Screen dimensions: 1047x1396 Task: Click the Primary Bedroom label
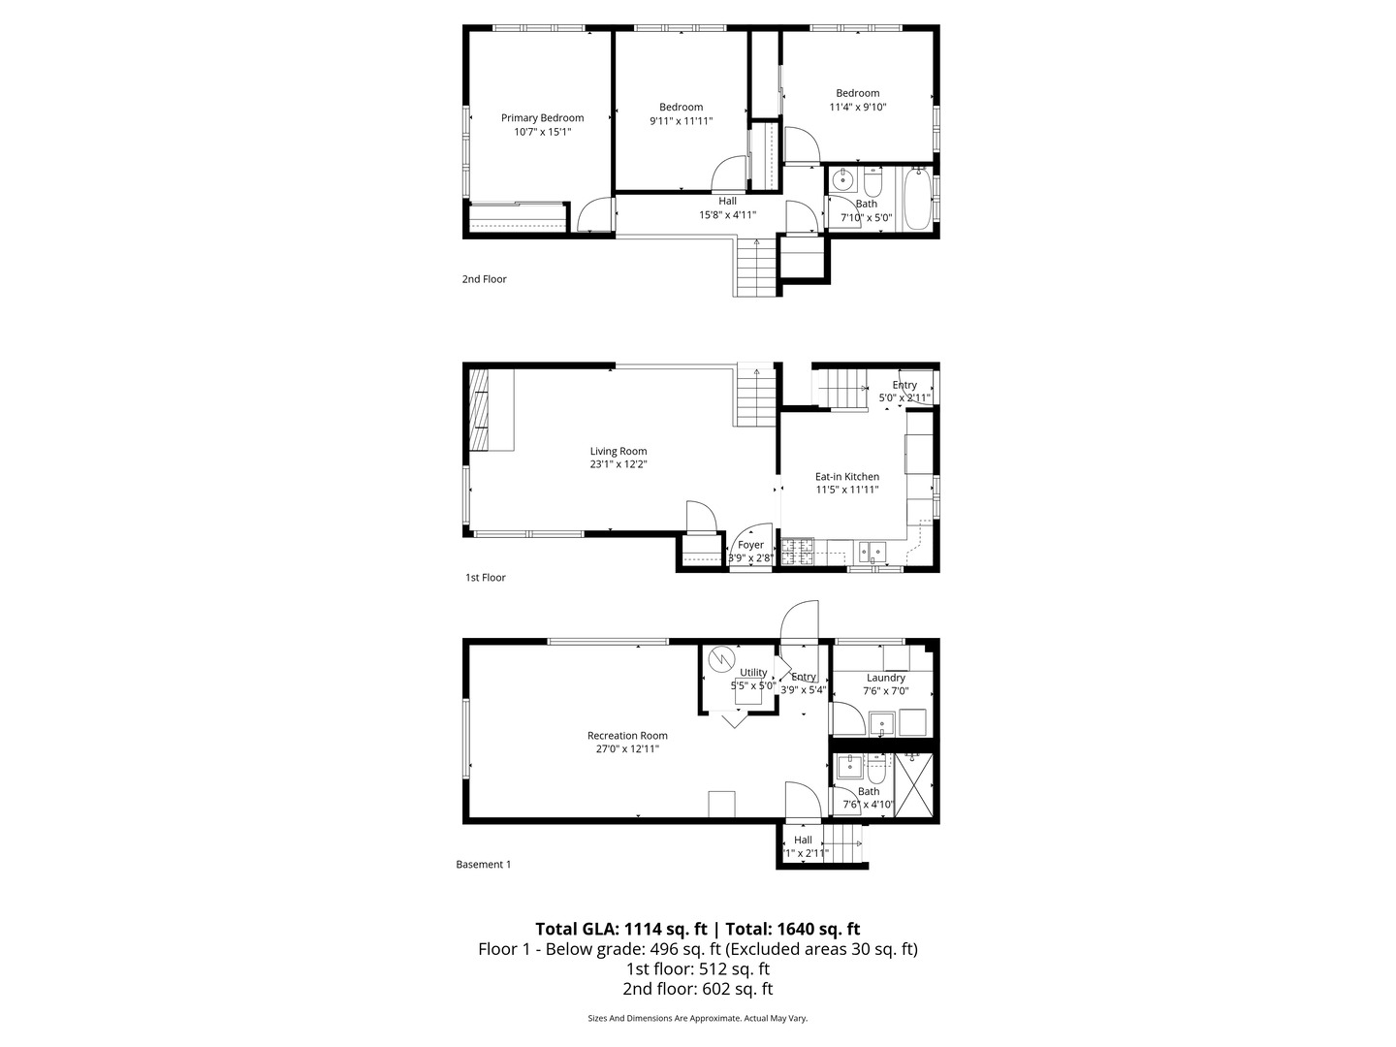542,117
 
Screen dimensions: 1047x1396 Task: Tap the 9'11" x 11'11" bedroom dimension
681,121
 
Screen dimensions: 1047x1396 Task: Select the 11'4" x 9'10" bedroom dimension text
857,108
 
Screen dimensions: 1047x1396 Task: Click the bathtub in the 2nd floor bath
917,199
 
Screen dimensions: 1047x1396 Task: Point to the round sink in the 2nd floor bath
842,180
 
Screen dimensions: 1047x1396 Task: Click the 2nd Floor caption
484,279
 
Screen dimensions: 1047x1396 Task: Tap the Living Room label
619,451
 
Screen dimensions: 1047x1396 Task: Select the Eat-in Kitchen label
846,476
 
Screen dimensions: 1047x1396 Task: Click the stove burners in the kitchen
799,552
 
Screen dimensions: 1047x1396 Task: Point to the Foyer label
750,545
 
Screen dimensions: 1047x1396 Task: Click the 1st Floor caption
486,578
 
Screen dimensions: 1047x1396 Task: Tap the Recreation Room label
627,735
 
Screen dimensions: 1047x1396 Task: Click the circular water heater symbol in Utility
721,659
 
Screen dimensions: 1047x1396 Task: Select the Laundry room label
885,678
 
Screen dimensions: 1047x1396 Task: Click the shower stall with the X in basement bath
914,786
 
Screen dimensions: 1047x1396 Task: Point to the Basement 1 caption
483,865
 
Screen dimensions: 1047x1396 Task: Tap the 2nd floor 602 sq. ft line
697,989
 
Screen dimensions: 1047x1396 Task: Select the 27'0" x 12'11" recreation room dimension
627,748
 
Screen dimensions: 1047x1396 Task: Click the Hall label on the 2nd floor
727,201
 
